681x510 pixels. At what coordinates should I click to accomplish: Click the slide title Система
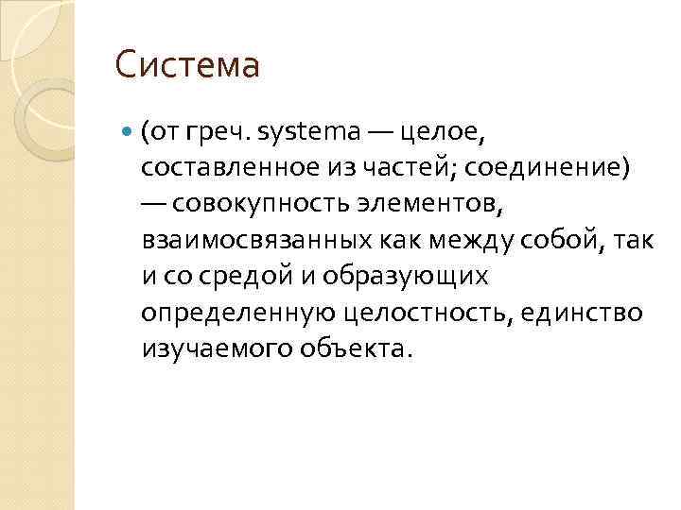pos(186,66)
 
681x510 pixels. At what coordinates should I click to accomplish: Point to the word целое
pos(442,132)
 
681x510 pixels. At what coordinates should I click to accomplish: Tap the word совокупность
pos(262,203)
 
